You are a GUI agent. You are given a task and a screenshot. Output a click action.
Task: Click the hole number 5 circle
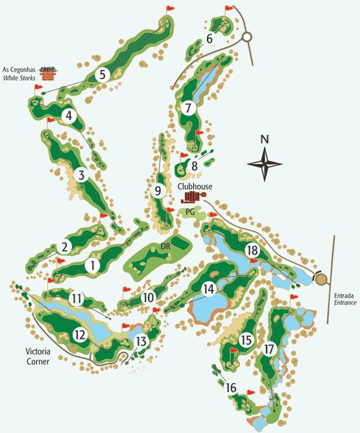click(x=102, y=75)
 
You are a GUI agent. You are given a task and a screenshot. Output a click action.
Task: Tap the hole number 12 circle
click(x=80, y=335)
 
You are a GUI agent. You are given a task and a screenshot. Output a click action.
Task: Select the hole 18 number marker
click(x=252, y=250)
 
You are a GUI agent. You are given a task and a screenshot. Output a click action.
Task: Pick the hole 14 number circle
click(x=208, y=289)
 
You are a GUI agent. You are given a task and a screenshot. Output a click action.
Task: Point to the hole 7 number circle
click(x=188, y=108)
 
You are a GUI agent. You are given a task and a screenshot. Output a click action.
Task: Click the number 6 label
click(x=210, y=39)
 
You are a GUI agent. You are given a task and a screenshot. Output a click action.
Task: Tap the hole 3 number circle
click(x=80, y=175)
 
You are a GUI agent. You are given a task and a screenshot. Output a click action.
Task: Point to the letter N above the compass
click(x=264, y=139)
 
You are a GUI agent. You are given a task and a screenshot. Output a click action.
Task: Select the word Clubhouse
click(x=195, y=186)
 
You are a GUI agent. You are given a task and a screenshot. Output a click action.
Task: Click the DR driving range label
click(x=165, y=246)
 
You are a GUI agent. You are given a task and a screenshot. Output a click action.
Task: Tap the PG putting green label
click(x=190, y=211)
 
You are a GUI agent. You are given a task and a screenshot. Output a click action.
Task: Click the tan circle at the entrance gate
click(x=320, y=279)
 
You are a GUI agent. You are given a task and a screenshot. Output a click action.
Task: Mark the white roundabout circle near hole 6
click(x=247, y=38)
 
